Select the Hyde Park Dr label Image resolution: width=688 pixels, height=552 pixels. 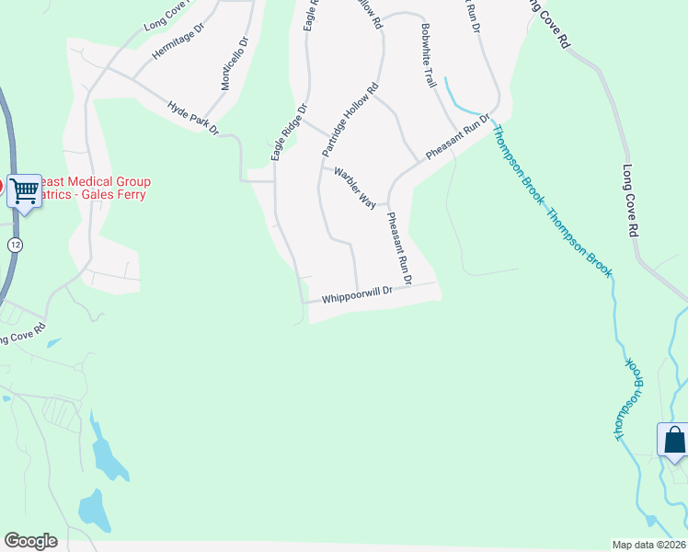(x=193, y=118)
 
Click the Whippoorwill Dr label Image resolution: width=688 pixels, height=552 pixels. (x=358, y=294)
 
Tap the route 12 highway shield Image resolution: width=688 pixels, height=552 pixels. (x=16, y=245)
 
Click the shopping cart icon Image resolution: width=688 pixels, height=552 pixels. (x=25, y=190)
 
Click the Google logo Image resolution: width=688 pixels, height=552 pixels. (x=30, y=541)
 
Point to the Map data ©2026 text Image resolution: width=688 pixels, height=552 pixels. (x=648, y=544)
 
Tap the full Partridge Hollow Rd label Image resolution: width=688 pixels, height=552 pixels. (x=350, y=120)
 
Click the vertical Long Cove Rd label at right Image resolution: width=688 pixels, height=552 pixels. (x=630, y=203)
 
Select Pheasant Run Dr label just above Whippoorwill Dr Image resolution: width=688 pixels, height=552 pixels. (x=399, y=247)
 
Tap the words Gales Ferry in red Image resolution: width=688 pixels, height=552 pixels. (x=114, y=194)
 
